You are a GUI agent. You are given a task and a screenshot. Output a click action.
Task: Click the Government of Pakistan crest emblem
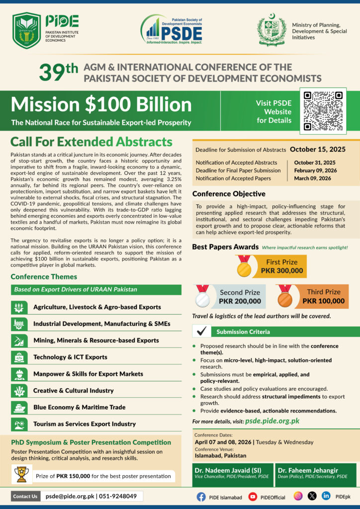[271, 31]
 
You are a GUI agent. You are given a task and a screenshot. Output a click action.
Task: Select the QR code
[323, 111]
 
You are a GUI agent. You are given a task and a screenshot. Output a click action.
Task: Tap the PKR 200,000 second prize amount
[240, 301]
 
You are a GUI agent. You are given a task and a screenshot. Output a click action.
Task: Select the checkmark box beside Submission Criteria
[202, 332]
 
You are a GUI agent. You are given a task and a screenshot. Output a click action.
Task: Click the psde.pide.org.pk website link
[272, 421]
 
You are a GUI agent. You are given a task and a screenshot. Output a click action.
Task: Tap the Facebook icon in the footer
[201, 496]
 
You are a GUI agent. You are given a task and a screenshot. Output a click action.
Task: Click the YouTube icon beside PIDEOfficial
[253, 496]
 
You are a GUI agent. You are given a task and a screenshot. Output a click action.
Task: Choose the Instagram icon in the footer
[298, 496]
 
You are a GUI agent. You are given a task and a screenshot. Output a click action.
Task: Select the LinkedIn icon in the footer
[326, 496]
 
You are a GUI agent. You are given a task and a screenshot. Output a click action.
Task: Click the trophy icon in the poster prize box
[21, 475]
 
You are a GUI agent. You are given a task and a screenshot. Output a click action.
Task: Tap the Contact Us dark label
[25, 496]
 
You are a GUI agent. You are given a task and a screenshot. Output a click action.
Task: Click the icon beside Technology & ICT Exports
[18, 357]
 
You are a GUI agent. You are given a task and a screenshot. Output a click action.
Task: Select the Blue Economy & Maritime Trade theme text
[79, 407]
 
